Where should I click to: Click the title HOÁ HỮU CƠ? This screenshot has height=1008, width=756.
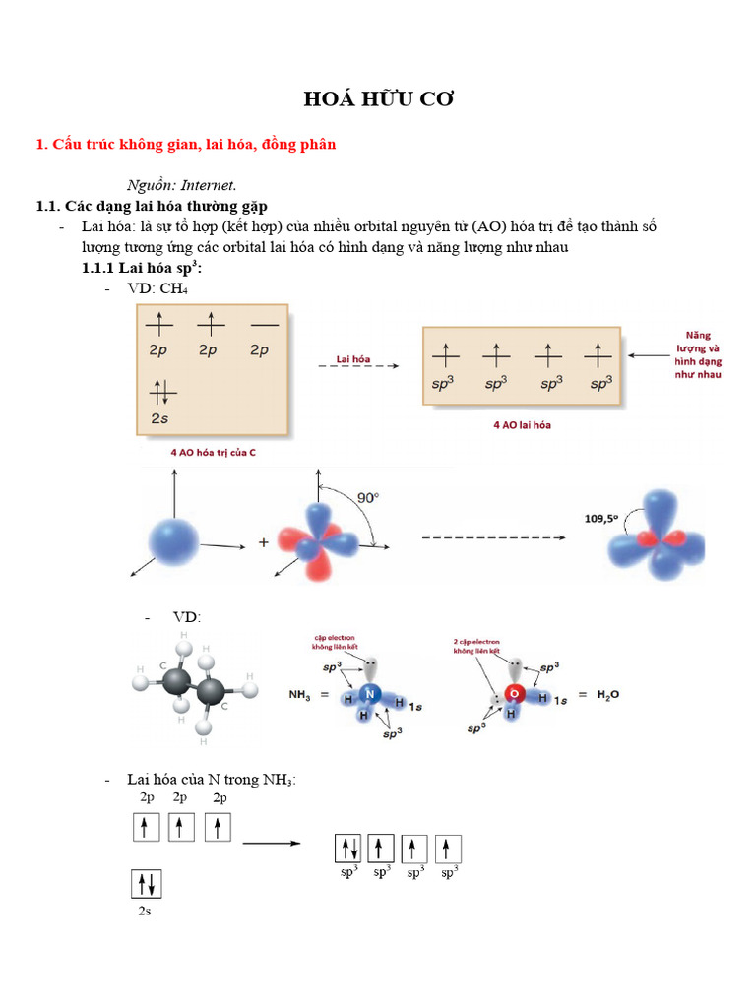coord(378,99)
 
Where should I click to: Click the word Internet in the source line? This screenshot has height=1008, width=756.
coord(208,185)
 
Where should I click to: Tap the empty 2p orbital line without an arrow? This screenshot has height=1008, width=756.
coord(264,324)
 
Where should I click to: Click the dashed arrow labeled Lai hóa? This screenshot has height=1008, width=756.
coord(357,365)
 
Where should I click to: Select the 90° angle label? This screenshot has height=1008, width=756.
coord(367,498)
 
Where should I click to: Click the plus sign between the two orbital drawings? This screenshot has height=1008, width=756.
coord(263,542)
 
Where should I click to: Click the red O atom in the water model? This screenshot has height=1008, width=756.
coord(513,694)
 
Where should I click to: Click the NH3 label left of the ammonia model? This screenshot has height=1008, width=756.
coord(301,695)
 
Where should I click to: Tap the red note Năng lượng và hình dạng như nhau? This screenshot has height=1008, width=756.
coord(698,355)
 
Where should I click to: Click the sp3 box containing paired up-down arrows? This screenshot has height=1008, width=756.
coord(348,849)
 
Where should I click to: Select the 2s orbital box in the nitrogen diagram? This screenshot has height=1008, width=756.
coord(145,884)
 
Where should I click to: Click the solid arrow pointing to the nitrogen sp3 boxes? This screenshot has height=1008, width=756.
coord(271,843)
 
